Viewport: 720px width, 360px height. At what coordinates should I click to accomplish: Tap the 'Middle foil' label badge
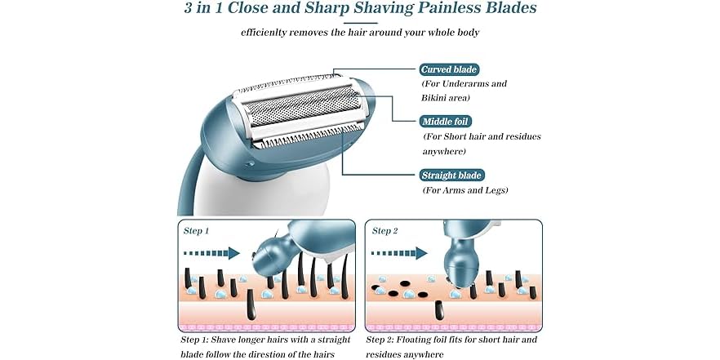tap(446, 122)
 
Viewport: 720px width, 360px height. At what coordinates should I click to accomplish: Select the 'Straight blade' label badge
tap(451, 175)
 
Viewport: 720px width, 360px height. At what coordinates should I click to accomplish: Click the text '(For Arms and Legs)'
tap(465, 190)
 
